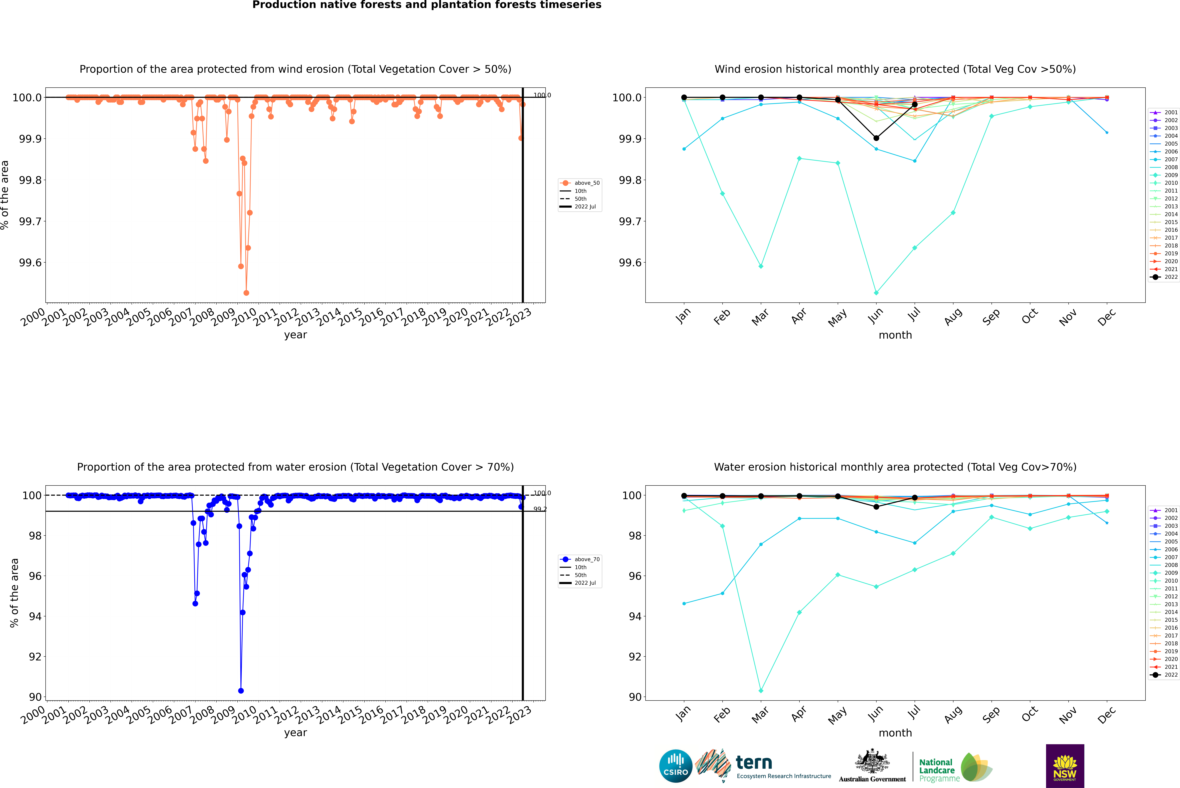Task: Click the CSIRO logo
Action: [676, 766]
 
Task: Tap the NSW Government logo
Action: [1065, 766]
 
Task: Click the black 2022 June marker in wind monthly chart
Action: [876, 138]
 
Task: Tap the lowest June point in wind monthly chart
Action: [876, 292]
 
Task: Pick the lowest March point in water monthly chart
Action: [760, 690]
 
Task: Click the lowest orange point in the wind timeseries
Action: [246, 292]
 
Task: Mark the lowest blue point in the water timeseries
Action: [241, 690]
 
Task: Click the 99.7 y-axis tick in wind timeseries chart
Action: [30, 222]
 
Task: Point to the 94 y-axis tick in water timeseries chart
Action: [35, 616]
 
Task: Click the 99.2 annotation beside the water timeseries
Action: [540, 509]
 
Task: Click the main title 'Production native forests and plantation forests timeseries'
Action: [427, 5]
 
